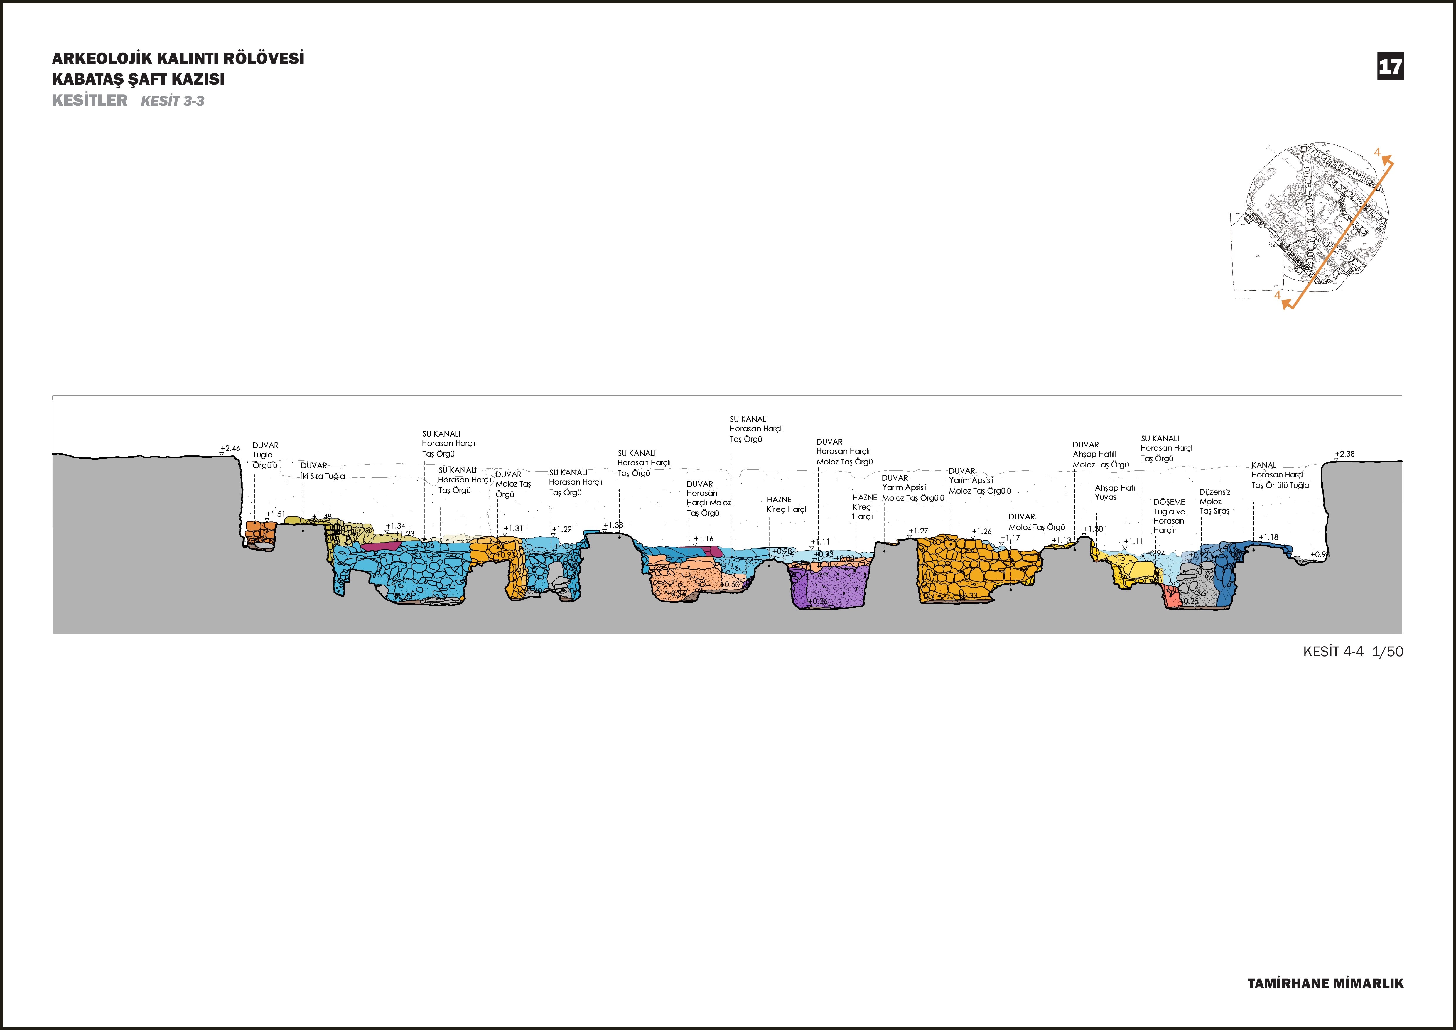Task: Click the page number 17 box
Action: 1390,66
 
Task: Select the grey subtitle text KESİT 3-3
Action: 173,101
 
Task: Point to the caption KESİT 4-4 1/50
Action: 1353,651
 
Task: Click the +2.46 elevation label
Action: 230,448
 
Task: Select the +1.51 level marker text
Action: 275,514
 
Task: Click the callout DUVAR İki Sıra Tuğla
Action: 322,471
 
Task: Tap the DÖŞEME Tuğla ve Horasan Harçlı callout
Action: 1169,516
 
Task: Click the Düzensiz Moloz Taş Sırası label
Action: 1214,501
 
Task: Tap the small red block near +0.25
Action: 1171,596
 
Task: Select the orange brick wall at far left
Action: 260,535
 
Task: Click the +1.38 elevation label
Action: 613,525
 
